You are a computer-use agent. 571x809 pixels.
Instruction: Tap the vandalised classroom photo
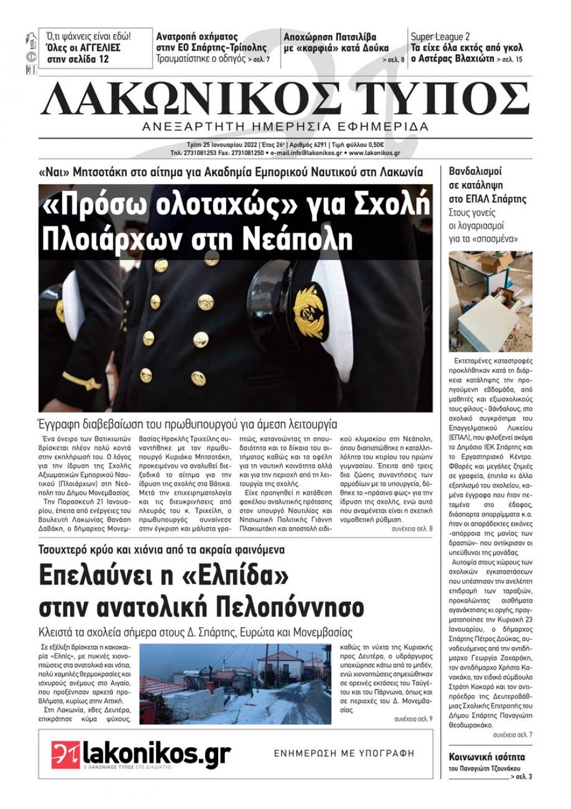(490, 301)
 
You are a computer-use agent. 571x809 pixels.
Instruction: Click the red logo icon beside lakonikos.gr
(65, 754)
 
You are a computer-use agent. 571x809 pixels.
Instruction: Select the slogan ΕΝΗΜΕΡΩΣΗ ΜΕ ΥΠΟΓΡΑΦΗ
(344, 754)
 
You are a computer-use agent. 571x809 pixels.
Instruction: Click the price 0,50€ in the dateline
(373, 145)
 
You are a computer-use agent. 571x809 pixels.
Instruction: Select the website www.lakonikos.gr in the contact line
(374, 153)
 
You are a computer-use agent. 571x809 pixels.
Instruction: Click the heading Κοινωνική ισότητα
(486, 756)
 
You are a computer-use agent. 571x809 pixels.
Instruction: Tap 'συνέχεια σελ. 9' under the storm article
(413, 719)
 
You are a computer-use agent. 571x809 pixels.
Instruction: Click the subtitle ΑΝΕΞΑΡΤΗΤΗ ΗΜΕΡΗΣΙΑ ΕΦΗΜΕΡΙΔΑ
(285, 126)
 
